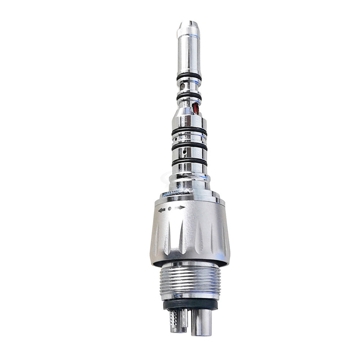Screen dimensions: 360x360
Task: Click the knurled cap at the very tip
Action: (188, 29)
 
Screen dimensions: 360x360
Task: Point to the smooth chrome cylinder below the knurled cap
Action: (188, 54)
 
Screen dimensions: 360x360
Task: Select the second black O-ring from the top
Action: (189, 96)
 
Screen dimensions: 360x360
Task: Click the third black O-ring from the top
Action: (189, 131)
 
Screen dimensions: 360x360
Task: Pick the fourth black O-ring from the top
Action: (189, 146)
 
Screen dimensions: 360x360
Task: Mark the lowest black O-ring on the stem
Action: (189, 162)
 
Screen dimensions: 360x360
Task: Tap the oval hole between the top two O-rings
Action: (183, 86)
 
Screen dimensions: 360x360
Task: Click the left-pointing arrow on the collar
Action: (162, 210)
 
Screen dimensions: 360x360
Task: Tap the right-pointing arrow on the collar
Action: (180, 207)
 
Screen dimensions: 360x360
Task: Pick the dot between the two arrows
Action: (170, 208)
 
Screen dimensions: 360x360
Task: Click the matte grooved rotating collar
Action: (190, 234)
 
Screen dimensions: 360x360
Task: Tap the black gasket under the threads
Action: (190, 304)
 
